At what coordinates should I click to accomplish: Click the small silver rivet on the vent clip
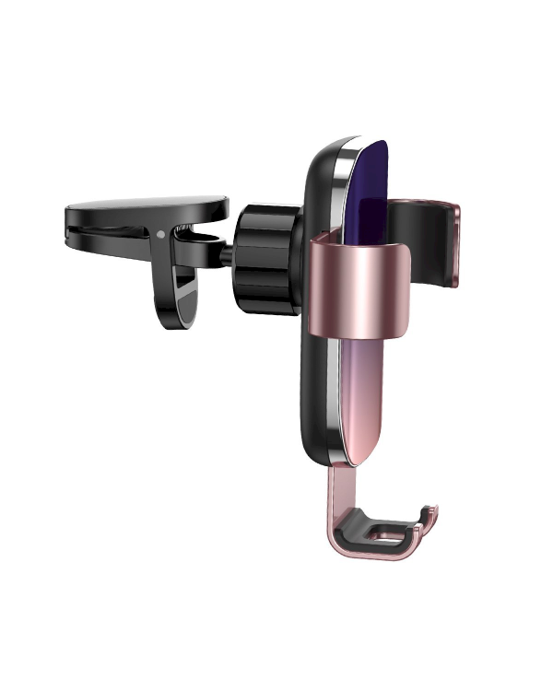[x=163, y=233]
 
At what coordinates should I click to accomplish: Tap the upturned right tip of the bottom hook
[x=429, y=516]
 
